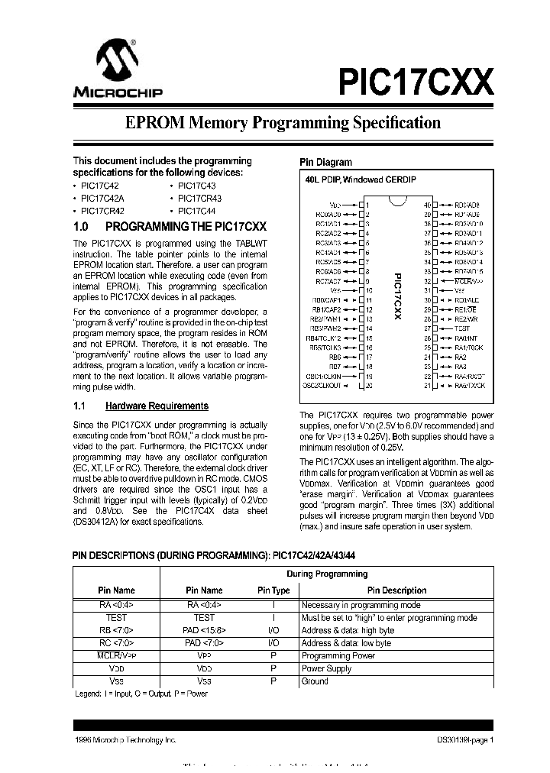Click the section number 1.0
(82, 227)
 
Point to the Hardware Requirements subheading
(157, 406)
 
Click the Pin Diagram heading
(325, 162)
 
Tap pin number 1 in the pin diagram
(367, 205)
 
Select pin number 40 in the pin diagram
(428, 205)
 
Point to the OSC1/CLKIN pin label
(324, 376)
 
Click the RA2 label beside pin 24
(461, 357)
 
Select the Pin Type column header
(273, 590)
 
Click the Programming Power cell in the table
(338, 655)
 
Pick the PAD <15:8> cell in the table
(204, 630)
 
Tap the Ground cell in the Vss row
(315, 681)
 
